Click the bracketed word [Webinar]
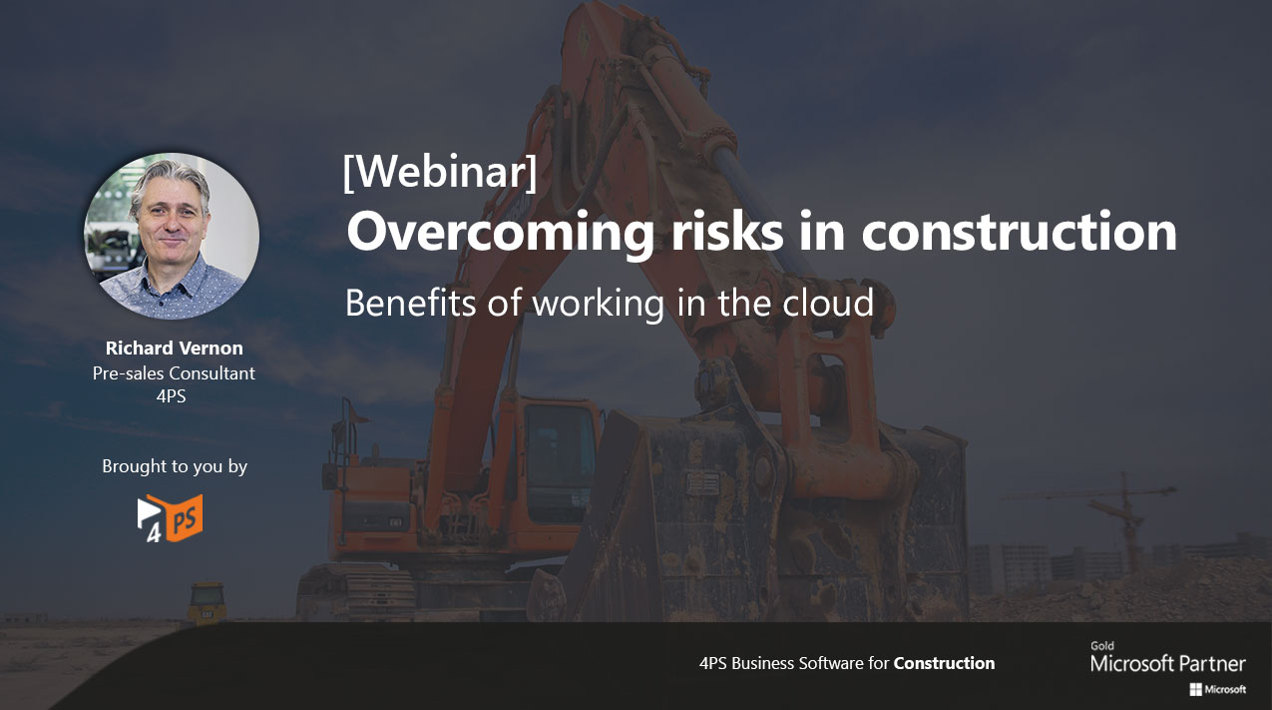pyautogui.click(x=440, y=172)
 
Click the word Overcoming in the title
pyautogui.click(x=500, y=232)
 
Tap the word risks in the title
pyautogui.click(x=727, y=231)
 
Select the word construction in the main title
pyautogui.click(x=1020, y=232)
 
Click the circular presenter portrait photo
pyautogui.click(x=172, y=236)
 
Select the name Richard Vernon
pyautogui.click(x=175, y=348)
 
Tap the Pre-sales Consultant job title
pyautogui.click(x=174, y=373)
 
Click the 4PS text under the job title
pyautogui.click(x=171, y=396)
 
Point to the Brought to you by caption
pyautogui.click(x=175, y=466)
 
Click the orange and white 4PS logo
pyautogui.click(x=170, y=518)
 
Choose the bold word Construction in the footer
pyautogui.click(x=944, y=663)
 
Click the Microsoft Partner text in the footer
pyautogui.click(x=1168, y=663)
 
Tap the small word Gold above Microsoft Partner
pyautogui.click(x=1102, y=646)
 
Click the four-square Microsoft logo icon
pyautogui.click(x=1196, y=690)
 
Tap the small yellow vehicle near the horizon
pyautogui.click(x=207, y=603)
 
